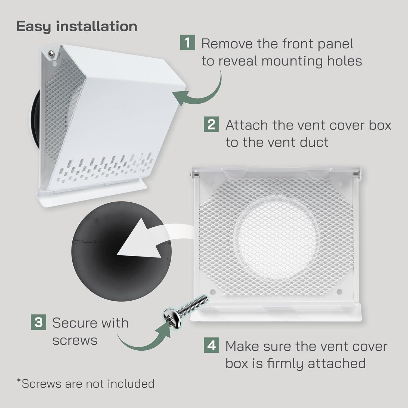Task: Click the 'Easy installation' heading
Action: coord(77,26)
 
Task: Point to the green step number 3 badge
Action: coord(38,322)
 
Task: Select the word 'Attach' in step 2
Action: coord(247,125)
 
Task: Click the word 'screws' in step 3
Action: coord(75,340)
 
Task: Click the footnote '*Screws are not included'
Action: coord(85,384)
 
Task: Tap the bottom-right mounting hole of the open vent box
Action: coord(339,292)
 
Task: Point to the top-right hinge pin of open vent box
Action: coord(355,174)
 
